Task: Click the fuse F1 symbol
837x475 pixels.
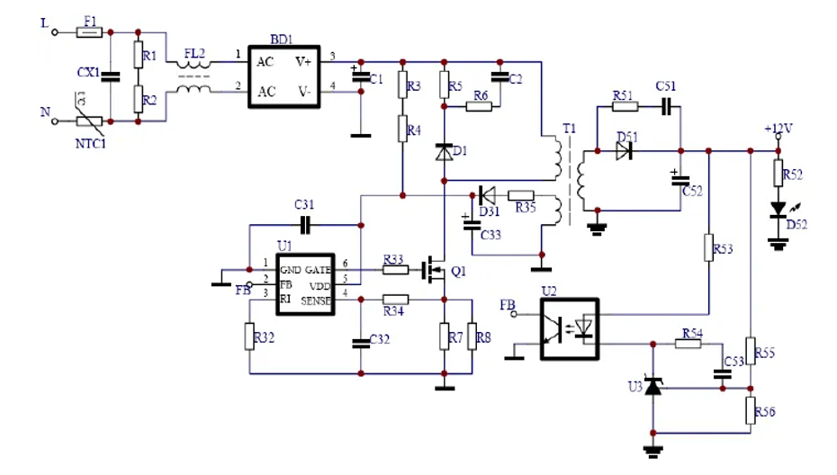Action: click(89, 32)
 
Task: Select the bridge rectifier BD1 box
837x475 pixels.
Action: click(284, 76)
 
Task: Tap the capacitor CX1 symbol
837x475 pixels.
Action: click(110, 76)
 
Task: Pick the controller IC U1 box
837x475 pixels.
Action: click(305, 282)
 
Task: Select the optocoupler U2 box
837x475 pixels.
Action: click(569, 328)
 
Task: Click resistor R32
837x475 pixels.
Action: click(248, 336)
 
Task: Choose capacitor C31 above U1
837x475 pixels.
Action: click(304, 224)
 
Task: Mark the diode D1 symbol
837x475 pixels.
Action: click(444, 153)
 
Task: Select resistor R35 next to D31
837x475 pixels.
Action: click(522, 195)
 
